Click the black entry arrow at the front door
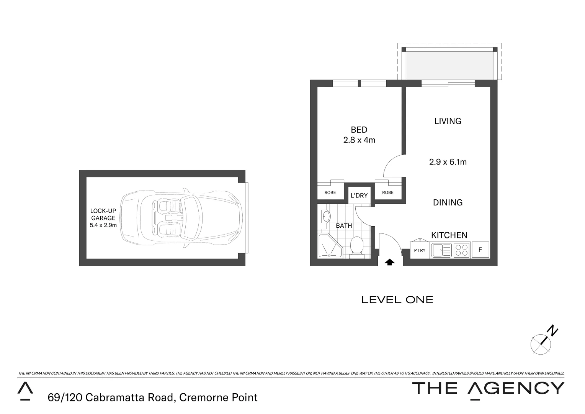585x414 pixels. point(390,262)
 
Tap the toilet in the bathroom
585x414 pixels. point(357,246)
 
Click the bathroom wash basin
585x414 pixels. point(325,216)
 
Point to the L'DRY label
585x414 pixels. point(359,195)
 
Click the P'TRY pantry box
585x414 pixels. point(420,250)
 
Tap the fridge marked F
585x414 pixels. point(480,250)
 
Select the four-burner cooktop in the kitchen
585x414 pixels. point(461,250)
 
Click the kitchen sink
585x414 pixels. point(441,250)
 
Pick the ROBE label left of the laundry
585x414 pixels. point(330,192)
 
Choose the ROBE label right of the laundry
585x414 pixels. point(387,192)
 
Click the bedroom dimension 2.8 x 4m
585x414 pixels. point(359,140)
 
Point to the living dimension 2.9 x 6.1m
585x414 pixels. point(448,162)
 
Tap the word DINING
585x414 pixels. point(448,202)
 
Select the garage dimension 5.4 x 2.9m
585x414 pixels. point(103,225)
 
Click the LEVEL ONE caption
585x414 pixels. point(397,300)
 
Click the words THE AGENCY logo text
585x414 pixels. point(488,388)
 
